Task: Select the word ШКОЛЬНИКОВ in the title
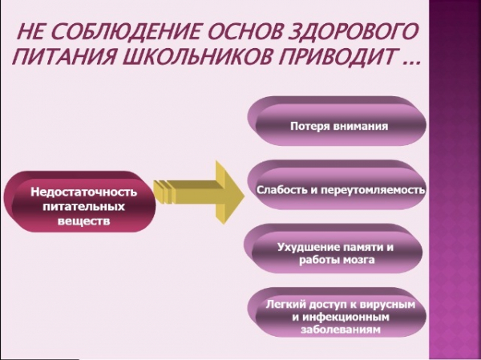(x=196, y=56)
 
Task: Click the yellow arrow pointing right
(x=199, y=192)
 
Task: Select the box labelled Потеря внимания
(x=337, y=121)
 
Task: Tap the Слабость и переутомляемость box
(x=337, y=184)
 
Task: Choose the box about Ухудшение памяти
(x=333, y=249)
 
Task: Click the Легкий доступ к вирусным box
(x=337, y=313)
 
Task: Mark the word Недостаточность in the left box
(x=83, y=192)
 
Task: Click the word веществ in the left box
(x=83, y=221)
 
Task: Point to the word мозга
(x=354, y=261)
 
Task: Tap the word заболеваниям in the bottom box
(x=341, y=330)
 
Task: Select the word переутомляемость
(x=373, y=190)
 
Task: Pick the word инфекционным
(x=346, y=317)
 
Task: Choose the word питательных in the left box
(x=83, y=207)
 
